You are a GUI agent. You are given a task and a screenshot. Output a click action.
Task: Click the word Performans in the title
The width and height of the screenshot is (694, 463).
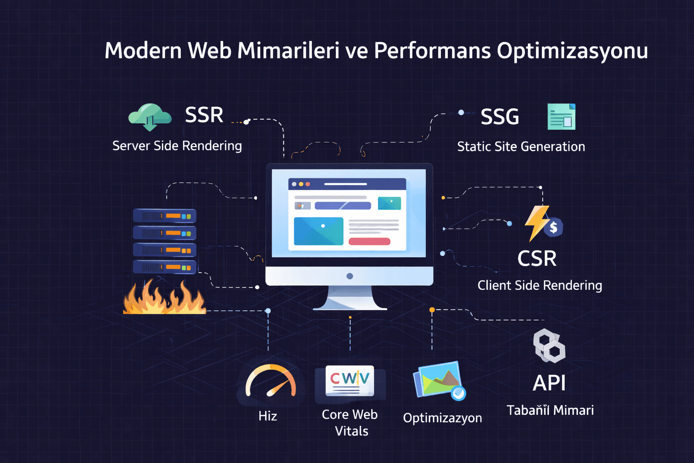pyautogui.click(x=432, y=51)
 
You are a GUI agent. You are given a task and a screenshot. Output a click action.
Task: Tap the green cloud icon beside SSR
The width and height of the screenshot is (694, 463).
pyautogui.click(x=150, y=116)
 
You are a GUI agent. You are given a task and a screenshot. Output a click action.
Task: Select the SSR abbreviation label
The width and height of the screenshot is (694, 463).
pyautogui.click(x=204, y=115)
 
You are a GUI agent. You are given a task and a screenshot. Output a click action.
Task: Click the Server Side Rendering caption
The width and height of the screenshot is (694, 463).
pyautogui.click(x=177, y=146)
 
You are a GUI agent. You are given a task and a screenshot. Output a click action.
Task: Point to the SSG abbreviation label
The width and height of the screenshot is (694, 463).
pyautogui.click(x=500, y=117)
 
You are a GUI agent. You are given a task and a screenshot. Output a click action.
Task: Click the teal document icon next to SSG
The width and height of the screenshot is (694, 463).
pyautogui.click(x=561, y=117)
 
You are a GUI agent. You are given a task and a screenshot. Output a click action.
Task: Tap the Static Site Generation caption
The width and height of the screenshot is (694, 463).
pyautogui.click(x=521, y=146)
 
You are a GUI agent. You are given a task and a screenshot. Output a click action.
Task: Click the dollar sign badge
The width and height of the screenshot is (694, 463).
pyautogui.click(x=553, y=227)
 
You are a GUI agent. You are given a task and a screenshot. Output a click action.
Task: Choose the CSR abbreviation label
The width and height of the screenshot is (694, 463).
pyautogui.click(x=537, y=259)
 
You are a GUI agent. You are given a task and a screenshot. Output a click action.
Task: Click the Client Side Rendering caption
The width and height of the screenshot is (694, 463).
pyautogui.click(x=539, y=285)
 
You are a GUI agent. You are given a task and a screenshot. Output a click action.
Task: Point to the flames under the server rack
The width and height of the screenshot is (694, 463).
pyautogui.click(x=164, y=298)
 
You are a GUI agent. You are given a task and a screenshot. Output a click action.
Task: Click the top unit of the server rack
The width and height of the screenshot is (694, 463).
pyautogui.click(x=164, y=216)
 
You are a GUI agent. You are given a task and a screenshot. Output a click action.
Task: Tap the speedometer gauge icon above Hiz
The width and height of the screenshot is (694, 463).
pyautogui.click(x=270, y=382)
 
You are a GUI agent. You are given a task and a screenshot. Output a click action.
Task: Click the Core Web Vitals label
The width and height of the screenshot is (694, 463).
pyautogui.click(x=350, y=422)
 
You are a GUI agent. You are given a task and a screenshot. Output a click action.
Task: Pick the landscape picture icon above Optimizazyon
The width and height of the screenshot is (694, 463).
pyautogui.click(x=438, y=380)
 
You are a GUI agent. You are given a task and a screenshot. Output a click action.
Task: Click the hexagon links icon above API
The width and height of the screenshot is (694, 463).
pyautogui.click(x=549, y=346)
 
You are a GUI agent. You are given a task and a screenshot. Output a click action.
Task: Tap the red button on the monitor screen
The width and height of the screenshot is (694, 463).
pyautogui.click(x=369, y=241)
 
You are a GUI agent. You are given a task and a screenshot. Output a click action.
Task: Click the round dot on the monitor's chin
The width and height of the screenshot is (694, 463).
pyautogui.click(x=350, y=276)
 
